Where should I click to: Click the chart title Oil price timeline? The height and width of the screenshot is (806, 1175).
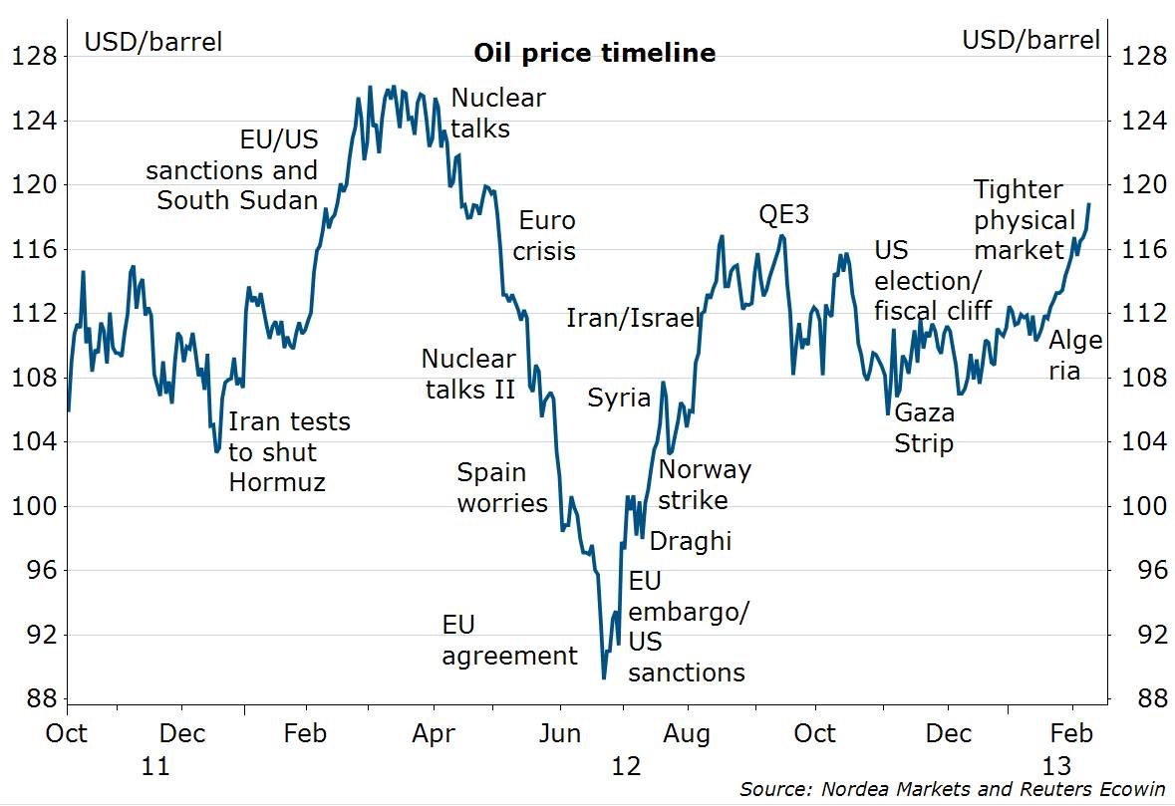594,53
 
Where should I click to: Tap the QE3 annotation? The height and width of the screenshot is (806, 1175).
783,215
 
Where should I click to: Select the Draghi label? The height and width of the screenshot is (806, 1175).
690,541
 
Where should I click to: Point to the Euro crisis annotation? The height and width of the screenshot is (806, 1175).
544,235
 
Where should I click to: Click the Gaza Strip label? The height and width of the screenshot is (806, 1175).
924,427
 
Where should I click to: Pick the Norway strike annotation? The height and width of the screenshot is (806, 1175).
705,484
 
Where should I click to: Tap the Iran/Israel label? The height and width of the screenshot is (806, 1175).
633,318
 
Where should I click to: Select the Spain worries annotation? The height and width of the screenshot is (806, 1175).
502,487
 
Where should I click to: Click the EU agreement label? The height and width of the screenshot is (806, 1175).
509,641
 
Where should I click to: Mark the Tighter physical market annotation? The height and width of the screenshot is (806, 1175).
1023,219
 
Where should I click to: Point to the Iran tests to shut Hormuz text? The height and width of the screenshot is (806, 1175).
289,451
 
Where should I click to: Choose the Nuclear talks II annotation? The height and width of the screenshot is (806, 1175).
468,374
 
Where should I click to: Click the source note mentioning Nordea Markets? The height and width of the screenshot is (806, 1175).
952,789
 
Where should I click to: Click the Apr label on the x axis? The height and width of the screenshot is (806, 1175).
435,734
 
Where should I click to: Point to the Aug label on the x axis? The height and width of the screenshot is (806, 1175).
687,734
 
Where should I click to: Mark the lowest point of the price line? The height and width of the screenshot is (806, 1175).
604,678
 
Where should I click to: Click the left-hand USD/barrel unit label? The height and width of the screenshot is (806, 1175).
152,41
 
